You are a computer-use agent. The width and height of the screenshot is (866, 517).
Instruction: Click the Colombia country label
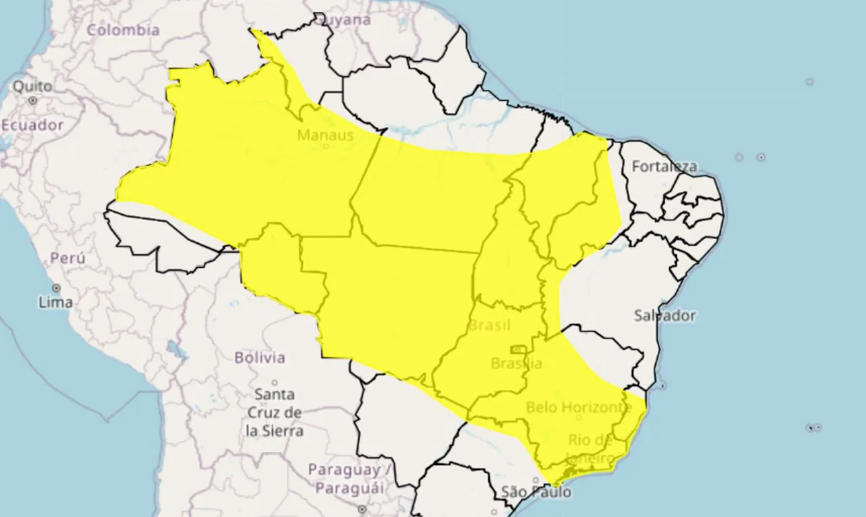point(123,30)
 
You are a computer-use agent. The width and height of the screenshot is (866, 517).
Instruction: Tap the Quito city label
point(32,87)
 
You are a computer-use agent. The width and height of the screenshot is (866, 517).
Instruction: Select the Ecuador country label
point(32,125)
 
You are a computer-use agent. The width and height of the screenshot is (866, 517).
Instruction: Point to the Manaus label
point(325,135)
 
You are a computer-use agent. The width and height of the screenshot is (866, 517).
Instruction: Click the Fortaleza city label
point(664,166)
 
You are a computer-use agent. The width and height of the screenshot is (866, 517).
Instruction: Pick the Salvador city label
point(664,315)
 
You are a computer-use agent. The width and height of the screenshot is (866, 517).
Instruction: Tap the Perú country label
point(68,258)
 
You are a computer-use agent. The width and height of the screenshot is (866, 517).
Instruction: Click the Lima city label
point(55,302)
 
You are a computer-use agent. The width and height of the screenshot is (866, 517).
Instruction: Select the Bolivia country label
point(260,357)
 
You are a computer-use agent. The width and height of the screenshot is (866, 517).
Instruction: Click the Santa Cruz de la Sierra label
point(274,411)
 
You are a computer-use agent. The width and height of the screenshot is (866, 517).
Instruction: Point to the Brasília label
point(516,363)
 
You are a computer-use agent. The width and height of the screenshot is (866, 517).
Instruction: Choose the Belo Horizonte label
point(578,407)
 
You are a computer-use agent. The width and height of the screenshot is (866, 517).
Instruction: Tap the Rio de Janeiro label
point(591,449)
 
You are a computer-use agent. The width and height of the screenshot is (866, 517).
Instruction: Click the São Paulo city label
point(536,492)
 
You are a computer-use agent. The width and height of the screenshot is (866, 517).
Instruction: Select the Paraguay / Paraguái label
point(346,478)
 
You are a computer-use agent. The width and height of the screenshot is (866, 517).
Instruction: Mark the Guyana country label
point(347,20)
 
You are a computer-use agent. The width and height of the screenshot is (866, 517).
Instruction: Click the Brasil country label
point(489,325)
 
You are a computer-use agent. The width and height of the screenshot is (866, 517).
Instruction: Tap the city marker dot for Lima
point(56,288)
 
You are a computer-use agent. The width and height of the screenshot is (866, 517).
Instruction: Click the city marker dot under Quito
point(32,100)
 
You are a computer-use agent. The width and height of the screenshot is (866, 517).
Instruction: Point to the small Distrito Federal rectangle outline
point(519,349)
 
